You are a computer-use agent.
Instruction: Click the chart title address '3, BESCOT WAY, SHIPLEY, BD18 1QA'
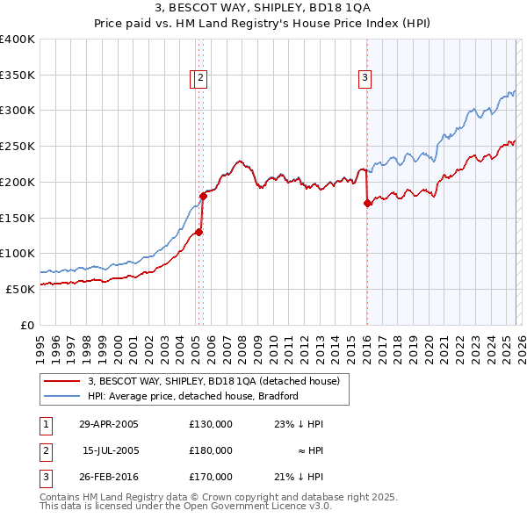263,9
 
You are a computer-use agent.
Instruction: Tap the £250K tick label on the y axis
18,146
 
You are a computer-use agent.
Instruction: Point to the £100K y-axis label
18,253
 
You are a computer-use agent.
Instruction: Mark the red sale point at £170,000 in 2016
367,203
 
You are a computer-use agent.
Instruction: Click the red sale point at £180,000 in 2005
203,196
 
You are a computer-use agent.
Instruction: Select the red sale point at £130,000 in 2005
199,232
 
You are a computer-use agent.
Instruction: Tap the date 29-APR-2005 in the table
108,424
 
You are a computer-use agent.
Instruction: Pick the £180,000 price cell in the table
211,450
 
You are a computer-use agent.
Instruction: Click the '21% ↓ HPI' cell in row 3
300,477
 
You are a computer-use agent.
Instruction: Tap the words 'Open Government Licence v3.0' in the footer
260,507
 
